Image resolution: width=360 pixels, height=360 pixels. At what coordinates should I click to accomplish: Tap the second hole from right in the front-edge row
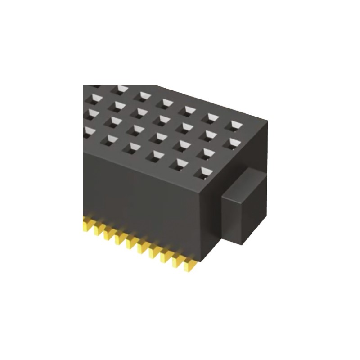pos(180,163)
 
